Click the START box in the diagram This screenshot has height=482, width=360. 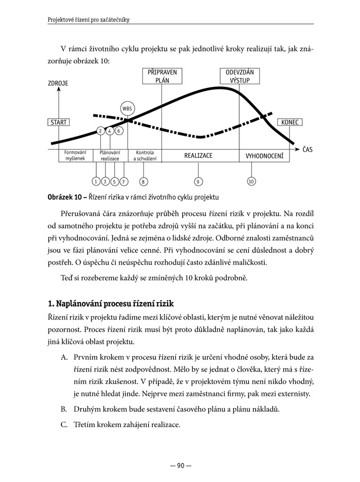pyautogui.click(x=58, y=122)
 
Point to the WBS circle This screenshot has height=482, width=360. pyautogui.click(x=127, y=109)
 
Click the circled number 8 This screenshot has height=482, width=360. pyautogui.click(x=143, y=181)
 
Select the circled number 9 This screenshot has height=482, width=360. pyautogui.click(x=198, y=181)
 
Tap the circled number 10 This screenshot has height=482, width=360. pyautogui.click(x=251, y=181)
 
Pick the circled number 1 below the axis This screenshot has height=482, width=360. pyautogui.click(x=96, y=181)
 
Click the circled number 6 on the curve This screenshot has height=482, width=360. pyautogui.click(x=119, y=131)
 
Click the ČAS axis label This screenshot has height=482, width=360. pyautogui.click(x=308, y=150)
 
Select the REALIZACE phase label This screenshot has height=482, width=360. pyautogui.click(x=198, y=155)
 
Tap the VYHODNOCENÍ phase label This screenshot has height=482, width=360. pyautogui.click(x=264, y=155)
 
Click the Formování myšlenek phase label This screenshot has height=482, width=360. pyautogui.click(x=75, y=155)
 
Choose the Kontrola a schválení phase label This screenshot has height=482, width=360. pyautogui.click(x=145, y=155)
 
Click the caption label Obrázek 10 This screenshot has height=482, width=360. pyautogui.click(x=65, y=197)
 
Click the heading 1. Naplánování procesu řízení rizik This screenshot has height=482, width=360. pyautogui.click(x=111, y=304)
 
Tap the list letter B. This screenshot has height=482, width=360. pyautogui.click(x=64, y=409)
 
